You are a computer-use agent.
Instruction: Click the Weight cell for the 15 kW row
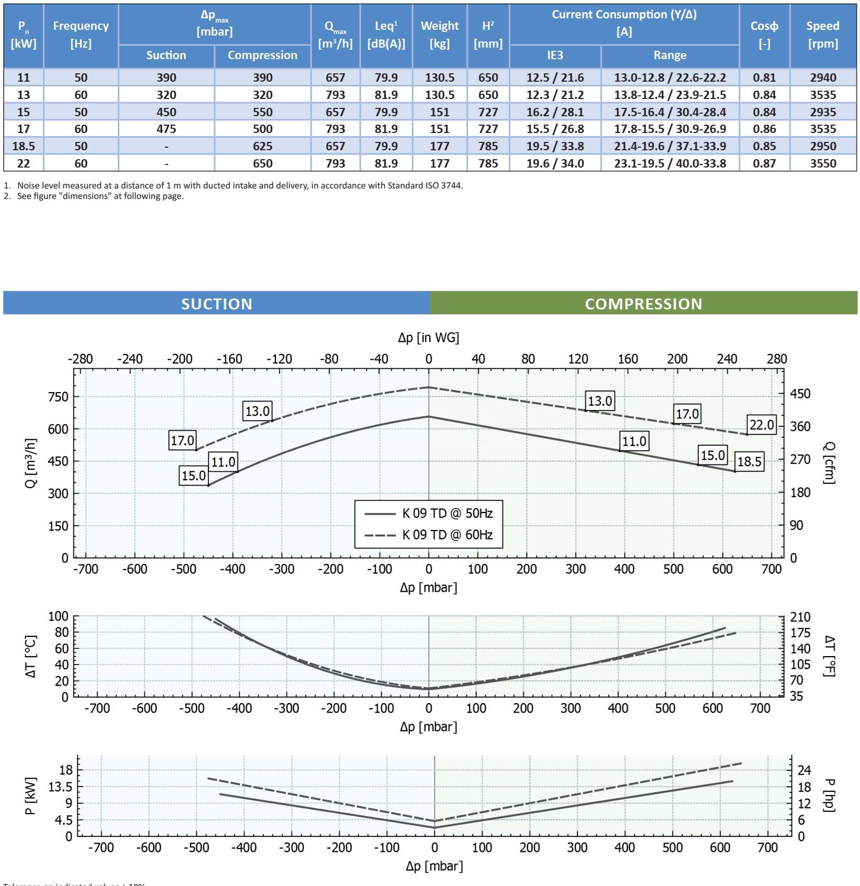tap(440, 112)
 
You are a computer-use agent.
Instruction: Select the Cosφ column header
tap(764, 34)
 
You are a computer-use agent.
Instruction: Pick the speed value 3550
tap(823, 163)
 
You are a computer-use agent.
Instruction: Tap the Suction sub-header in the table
tap(166, 56)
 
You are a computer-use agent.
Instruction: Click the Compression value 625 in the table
tap(262, 146)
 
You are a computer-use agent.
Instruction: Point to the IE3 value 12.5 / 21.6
tap(555, 77)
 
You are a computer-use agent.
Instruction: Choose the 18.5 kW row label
tap(24, 146)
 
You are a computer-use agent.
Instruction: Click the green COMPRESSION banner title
tap(643, 304)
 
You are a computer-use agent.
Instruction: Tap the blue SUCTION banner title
tap(217, 304)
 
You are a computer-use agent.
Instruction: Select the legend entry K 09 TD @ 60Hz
tap(447, 535)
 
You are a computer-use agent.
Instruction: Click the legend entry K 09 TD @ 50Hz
tap(447, 513)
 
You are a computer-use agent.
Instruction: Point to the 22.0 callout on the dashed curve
tap(762, 425)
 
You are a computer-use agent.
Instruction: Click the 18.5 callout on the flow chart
tap(749, 462)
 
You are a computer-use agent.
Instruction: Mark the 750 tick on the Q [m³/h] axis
tap(58, 397)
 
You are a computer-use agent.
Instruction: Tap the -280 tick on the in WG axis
tap(80, 359)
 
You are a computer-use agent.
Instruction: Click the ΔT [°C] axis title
tap(31, 657)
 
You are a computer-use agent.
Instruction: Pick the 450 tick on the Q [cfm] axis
tap(800, 394)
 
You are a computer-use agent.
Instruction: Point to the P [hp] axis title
tap(829, 795)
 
